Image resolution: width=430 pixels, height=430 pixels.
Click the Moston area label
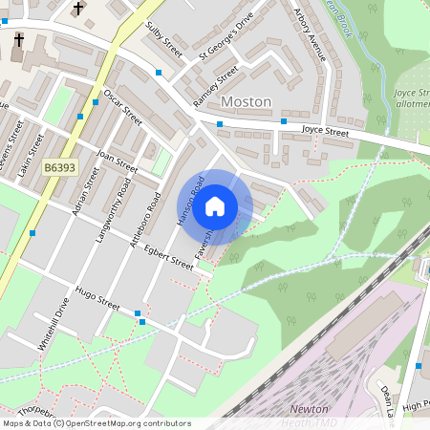(x=246, y=101)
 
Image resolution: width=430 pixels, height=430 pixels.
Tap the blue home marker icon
(x=215, y=205)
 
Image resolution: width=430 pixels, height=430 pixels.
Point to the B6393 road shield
(x=59, y=167)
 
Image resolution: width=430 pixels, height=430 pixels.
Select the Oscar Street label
(x=122, y=107)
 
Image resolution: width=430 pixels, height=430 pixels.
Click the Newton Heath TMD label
(x=309, y=415)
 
